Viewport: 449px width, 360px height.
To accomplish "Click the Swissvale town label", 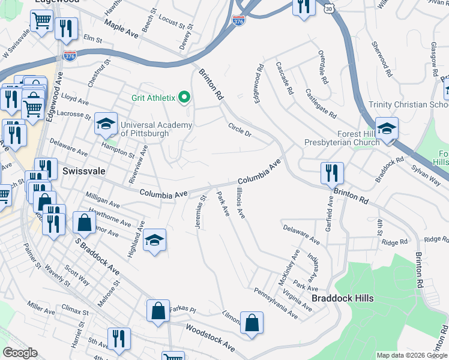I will coord(83,171).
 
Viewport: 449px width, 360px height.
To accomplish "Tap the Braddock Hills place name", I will coord(342,298).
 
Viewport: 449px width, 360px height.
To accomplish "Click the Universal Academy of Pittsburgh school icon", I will coord(106,124).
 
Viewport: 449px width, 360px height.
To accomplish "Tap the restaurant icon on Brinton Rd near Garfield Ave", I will coord(332,173).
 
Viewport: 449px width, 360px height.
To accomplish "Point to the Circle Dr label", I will coord(239,129).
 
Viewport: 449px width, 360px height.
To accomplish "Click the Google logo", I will coord(20,353).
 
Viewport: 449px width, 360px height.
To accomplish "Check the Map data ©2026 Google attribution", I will coord(412,355).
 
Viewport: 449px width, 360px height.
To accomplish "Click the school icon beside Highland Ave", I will coord(155,241).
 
